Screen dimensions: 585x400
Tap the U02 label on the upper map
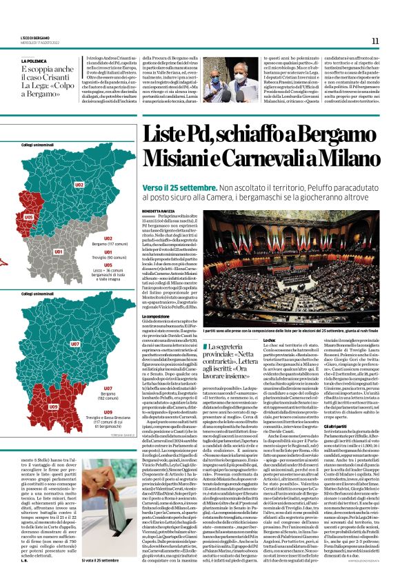click(79, 185)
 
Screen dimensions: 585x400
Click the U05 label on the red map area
click(28, 217)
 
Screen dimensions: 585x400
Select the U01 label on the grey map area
click(58, 252)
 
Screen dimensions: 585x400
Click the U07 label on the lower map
click(75, 342)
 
